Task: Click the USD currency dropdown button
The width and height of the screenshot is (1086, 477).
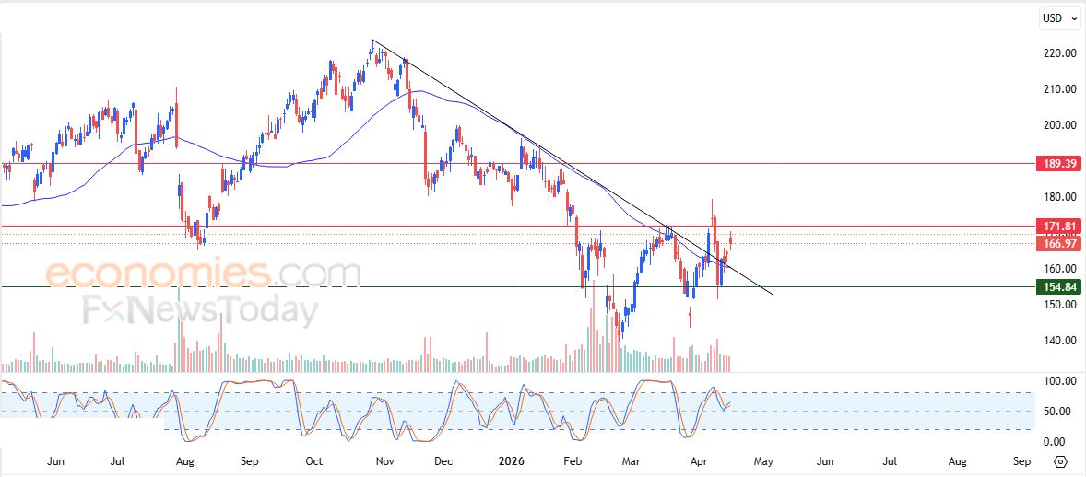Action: (x=1056, y=17)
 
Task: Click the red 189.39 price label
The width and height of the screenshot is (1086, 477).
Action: (x=1058, y=164)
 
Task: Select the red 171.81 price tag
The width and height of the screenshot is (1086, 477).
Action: (x=1058, y=226)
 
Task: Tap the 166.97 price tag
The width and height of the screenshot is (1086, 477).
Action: (x=1058, y=243)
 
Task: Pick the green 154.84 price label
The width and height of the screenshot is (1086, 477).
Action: (x=1058, y=287)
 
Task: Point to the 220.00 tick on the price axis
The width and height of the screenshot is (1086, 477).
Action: (x=1058, y=53)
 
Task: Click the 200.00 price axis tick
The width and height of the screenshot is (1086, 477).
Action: (x=1058, y=125)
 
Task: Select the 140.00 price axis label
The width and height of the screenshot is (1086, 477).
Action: (x=1058, y=341)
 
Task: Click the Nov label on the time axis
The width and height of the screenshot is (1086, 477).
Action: (x=385, y=460)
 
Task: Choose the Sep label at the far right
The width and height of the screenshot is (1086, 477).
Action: (x=1021, y=460)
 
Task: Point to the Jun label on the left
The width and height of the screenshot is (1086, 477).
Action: (x=55, y=460)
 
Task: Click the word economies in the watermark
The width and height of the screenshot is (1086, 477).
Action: (x=157, y=273)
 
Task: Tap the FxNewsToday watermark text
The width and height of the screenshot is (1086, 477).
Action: (x=198, y=310)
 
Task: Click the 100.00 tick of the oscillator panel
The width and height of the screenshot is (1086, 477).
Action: (x=1058, y=381)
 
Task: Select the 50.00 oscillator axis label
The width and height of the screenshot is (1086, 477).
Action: (x=1058, y=411)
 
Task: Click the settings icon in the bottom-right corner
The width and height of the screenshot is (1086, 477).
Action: (x=1060, y=461)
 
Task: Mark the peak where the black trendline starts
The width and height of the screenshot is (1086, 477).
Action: (x=372, y=41)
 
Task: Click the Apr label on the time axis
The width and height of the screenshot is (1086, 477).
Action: (x=695, y=460)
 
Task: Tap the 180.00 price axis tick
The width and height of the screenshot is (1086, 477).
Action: (x=1058, y=197)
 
